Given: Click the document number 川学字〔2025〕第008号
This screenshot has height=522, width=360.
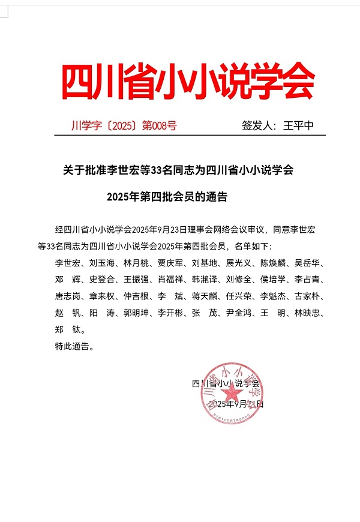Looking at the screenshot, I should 124,126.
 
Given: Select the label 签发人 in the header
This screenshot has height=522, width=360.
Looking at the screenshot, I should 256,126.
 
